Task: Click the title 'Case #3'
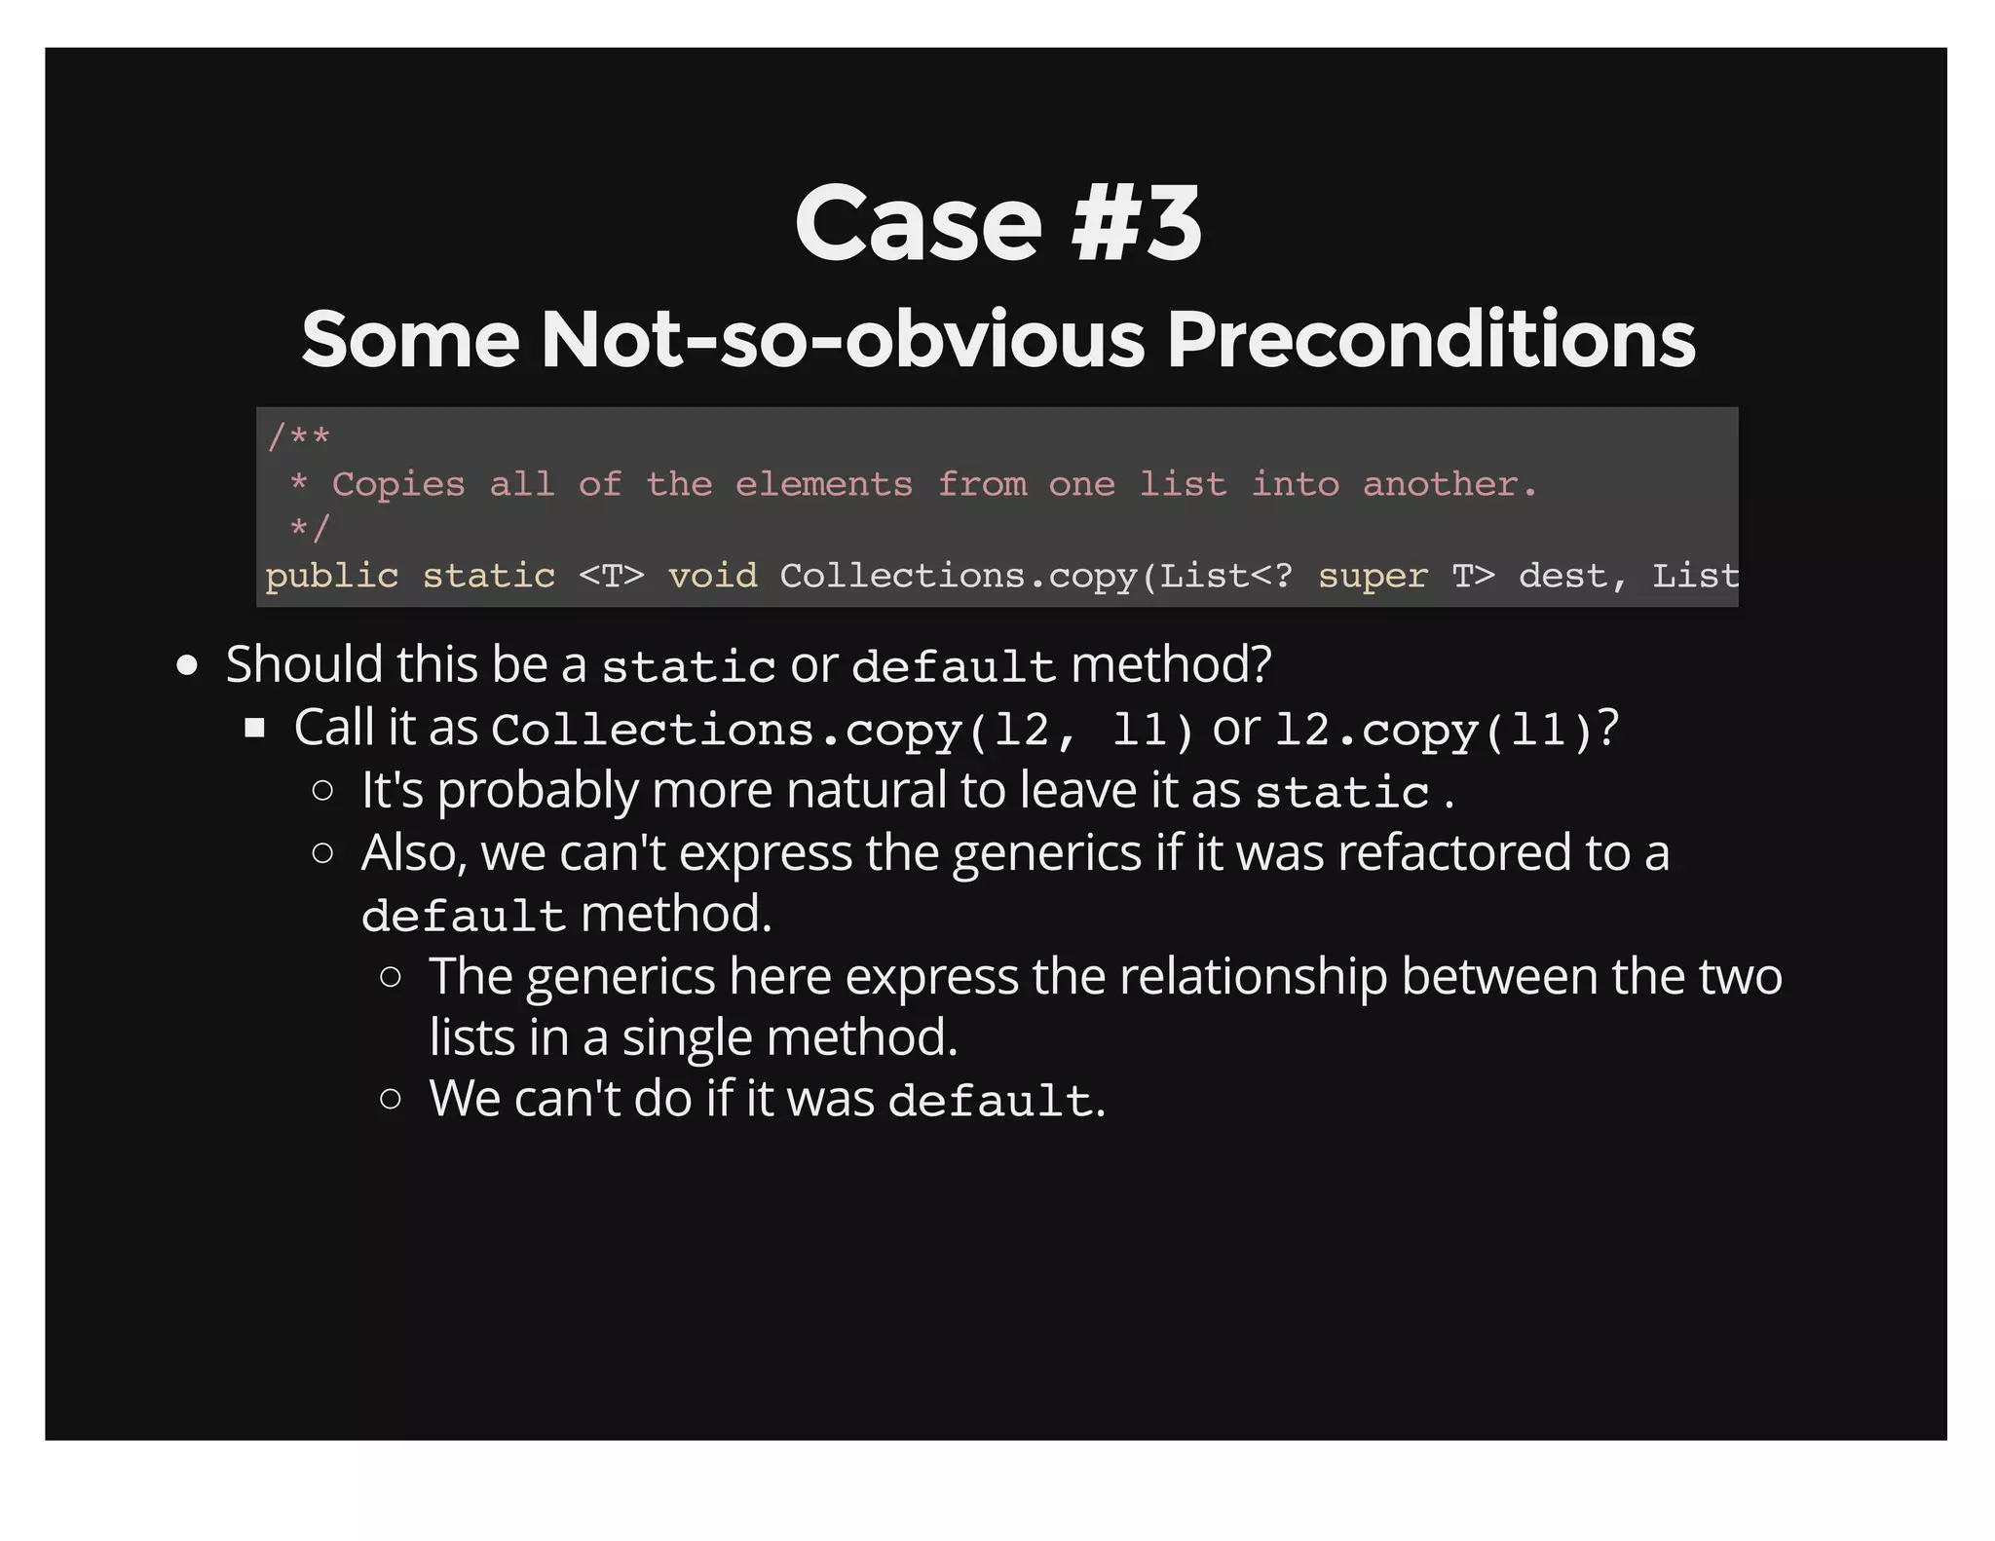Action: tap(997, 224)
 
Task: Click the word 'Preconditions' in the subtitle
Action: tap(1431, 339)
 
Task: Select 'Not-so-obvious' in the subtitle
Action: tap(843, 339)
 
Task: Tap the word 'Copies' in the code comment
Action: tap(398, 484)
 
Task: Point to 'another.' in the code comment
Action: tap(1449, 484)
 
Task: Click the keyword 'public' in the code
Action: tap(331, 576)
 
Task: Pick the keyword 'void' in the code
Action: tap(712, 576)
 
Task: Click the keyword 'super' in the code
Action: tap(1373, 576)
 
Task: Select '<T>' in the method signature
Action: tap(611, 576)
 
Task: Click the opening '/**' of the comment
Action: tap(298, 437)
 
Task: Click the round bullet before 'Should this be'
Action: tap(188, 666)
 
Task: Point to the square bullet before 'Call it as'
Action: tap(255, 728)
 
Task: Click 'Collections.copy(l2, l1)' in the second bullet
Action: tap(842, 730)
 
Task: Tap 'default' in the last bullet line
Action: tap(991, 1101)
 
